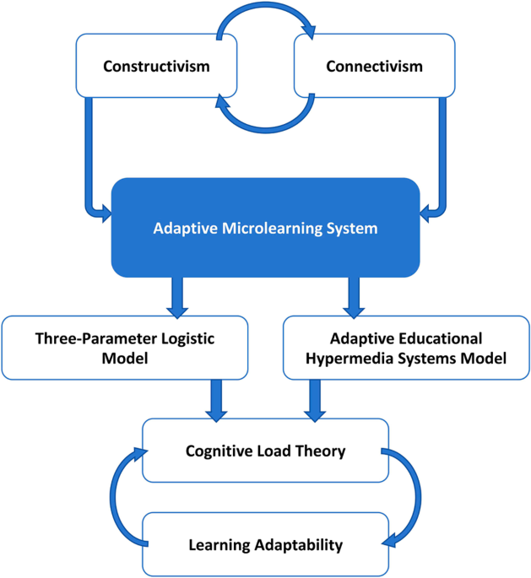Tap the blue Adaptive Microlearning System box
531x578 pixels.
tap(265, 228)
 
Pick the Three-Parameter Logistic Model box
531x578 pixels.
tap(126, 348)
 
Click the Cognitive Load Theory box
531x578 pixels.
tap(265, 451)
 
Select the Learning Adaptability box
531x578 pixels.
tap(265, 544)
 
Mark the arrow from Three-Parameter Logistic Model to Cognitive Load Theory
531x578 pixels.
tap(216, 400)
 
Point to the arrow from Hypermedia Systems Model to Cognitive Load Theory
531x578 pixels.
tap(315, 400)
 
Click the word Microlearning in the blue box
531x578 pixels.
tap(260, 228)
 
